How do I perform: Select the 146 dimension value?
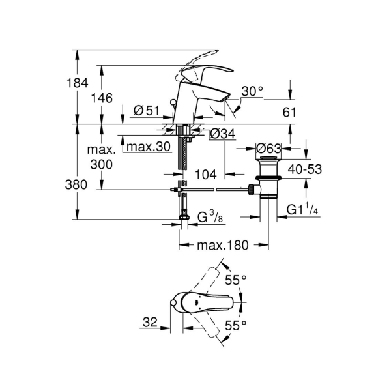click(x=102, y=98)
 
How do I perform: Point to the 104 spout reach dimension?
click(x=205, y=174)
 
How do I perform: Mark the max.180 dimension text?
click(x=224, y=246)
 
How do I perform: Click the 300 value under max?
click(x=102, y=165)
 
